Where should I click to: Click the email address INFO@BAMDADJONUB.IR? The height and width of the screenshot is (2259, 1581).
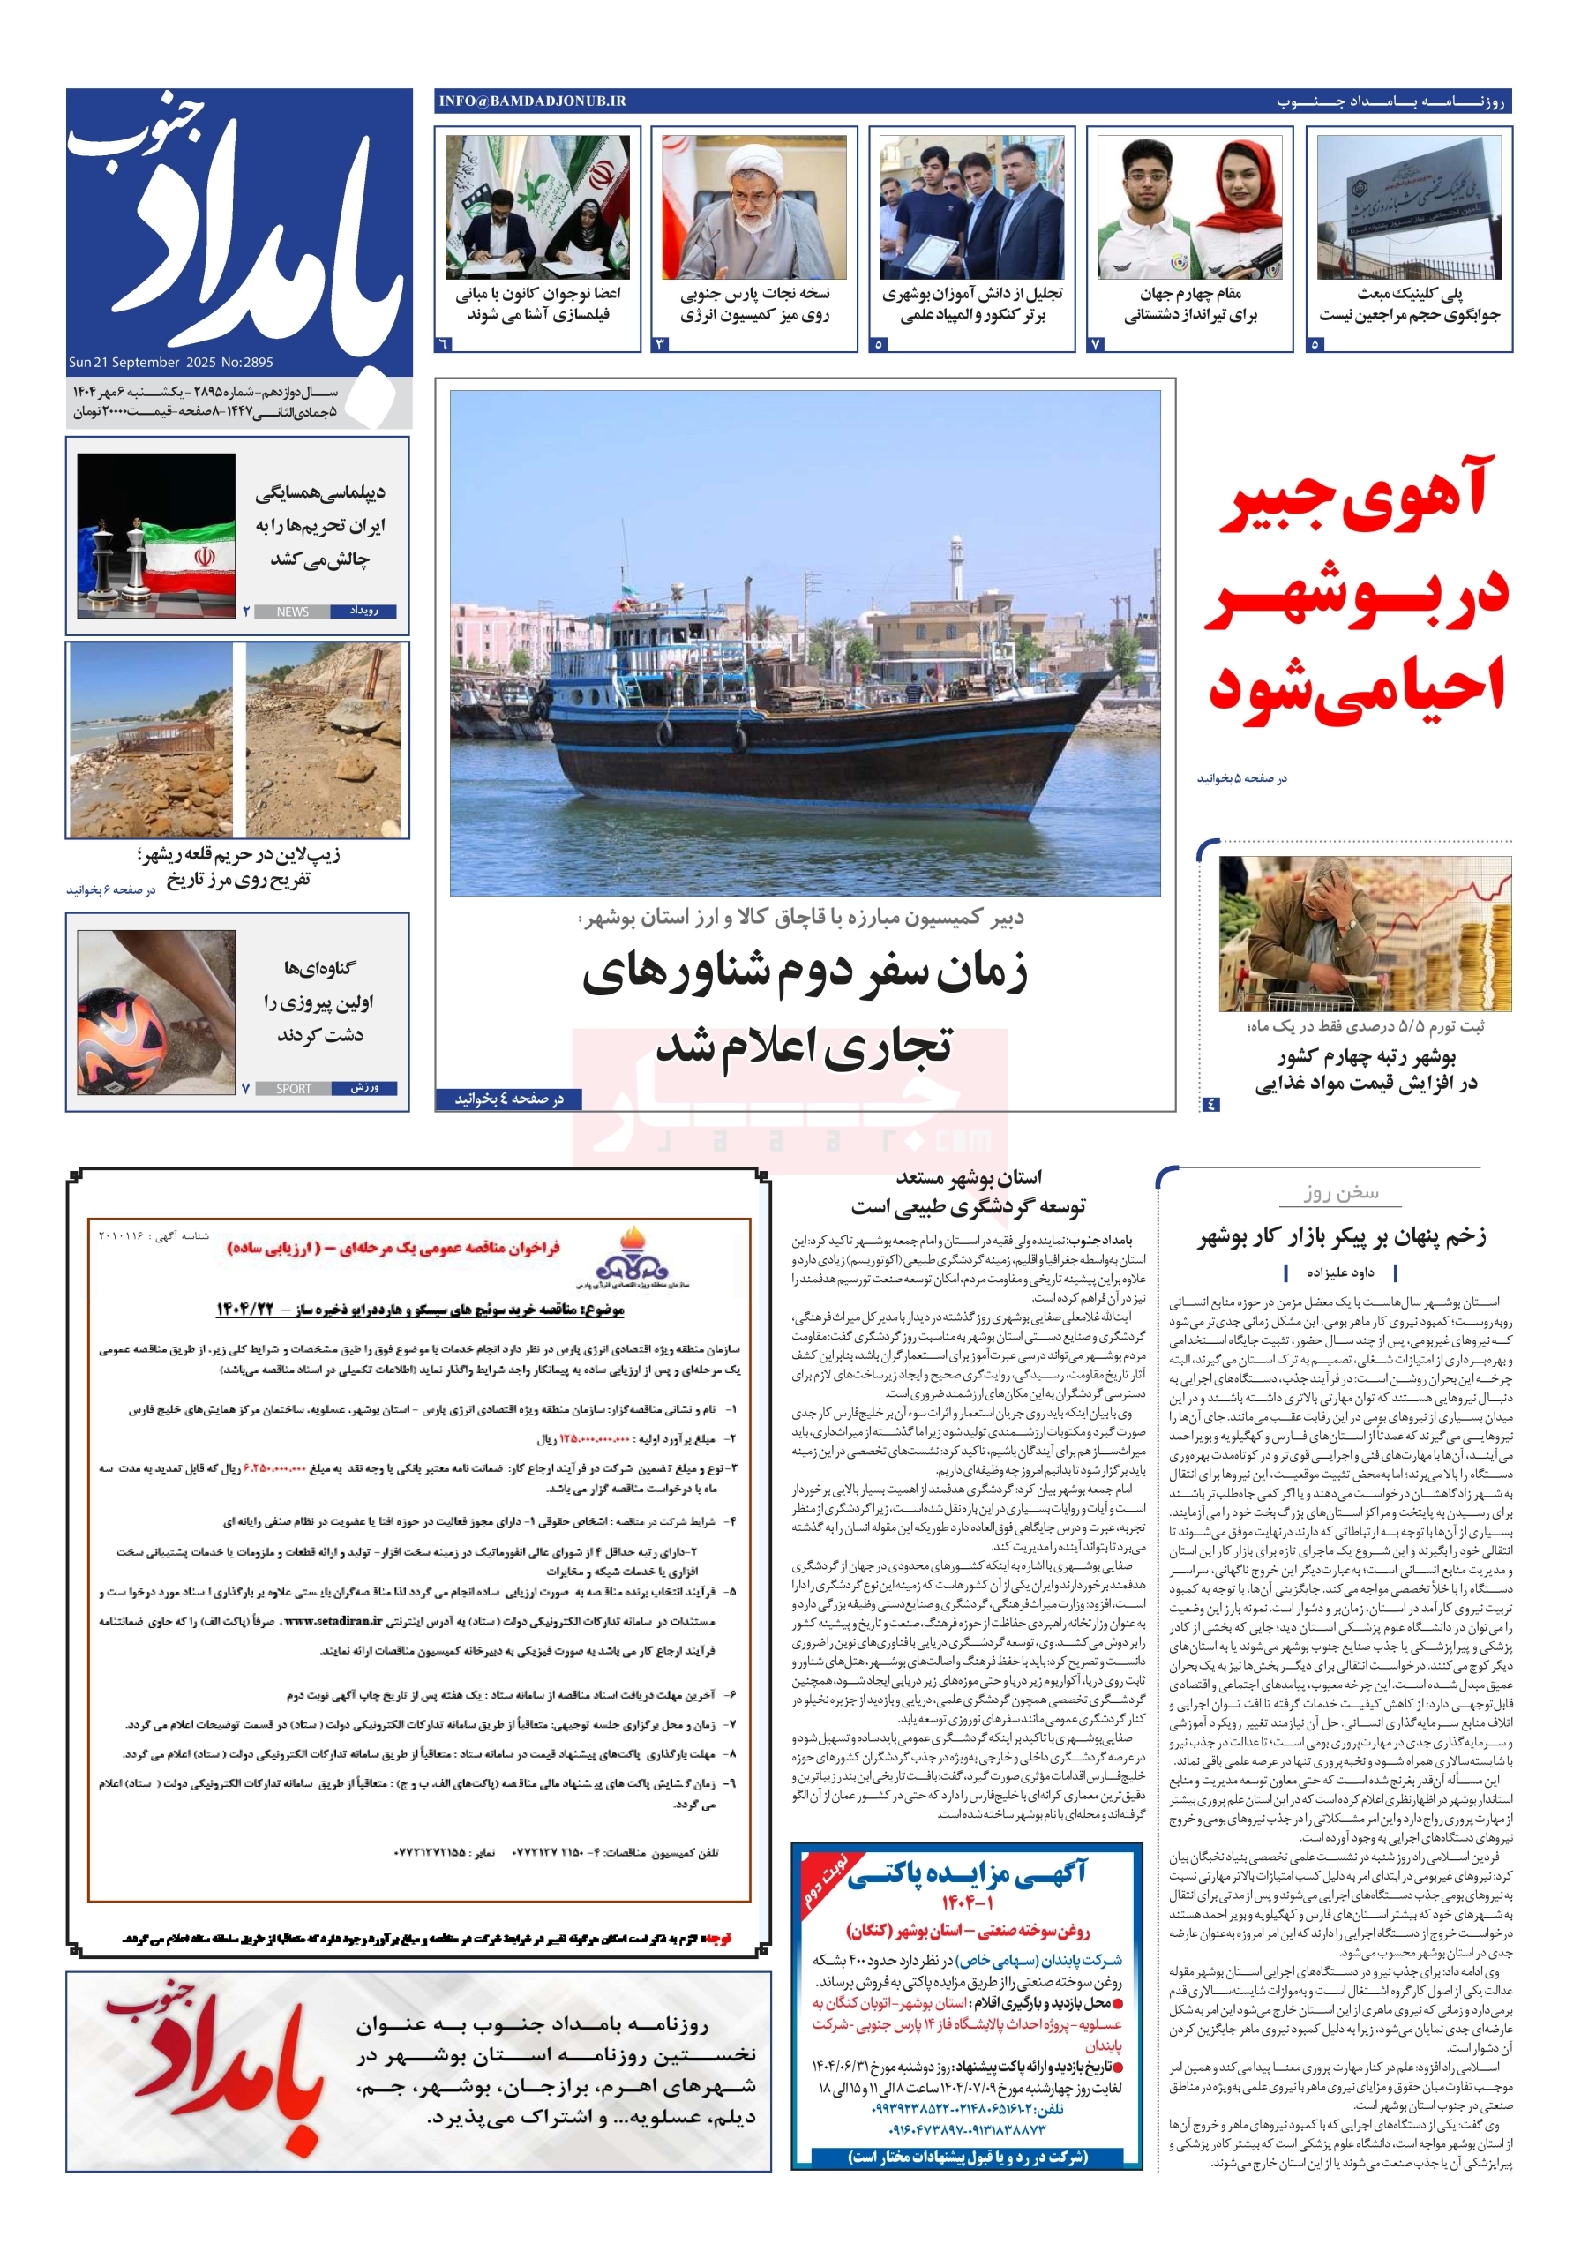click(531, 101)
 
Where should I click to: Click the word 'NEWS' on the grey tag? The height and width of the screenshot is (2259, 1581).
click(292, 612)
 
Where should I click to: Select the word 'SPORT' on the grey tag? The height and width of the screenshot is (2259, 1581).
click(293, 1089)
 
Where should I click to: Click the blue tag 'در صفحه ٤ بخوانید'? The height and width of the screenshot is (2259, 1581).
click(509, 1099)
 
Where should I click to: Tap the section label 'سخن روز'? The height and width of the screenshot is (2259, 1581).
click(1341, 1193)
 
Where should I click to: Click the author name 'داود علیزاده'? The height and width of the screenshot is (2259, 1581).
click(1340, 1272)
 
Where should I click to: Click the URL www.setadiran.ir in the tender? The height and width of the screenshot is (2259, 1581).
click(333, 1621)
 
